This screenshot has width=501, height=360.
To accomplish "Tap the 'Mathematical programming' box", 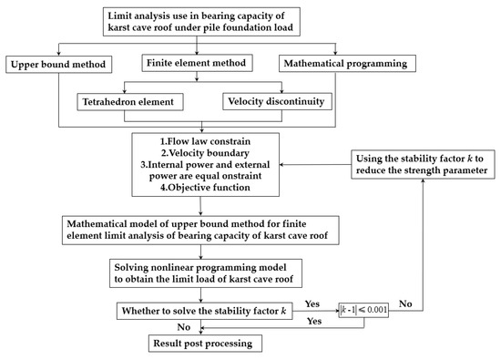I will point(347,65).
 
